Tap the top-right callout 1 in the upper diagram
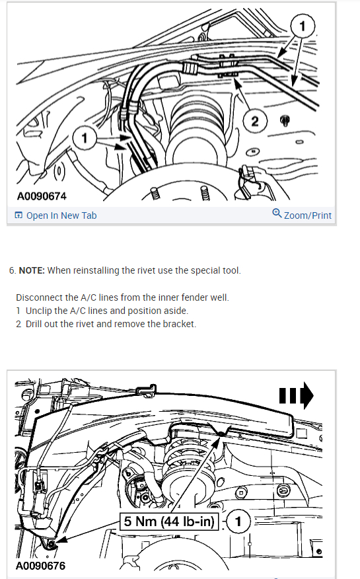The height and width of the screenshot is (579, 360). tap(303, 27)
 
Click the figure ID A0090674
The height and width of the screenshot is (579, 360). tap(42, 196)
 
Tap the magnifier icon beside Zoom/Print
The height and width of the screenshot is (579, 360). tap(277, 214)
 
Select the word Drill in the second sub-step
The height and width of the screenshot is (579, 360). tap(37, 324)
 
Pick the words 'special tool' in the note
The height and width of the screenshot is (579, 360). tap(218, 270)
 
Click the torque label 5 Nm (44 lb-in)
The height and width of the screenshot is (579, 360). tap(169, 521)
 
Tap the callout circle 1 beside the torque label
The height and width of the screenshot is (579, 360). tap(238, 521)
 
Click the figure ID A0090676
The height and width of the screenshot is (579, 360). tap(42, 566)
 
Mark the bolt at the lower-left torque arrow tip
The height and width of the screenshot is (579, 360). tap(50, 544)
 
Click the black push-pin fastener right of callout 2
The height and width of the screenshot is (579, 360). tap(285, 121)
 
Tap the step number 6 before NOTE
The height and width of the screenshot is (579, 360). tap(11, 270)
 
